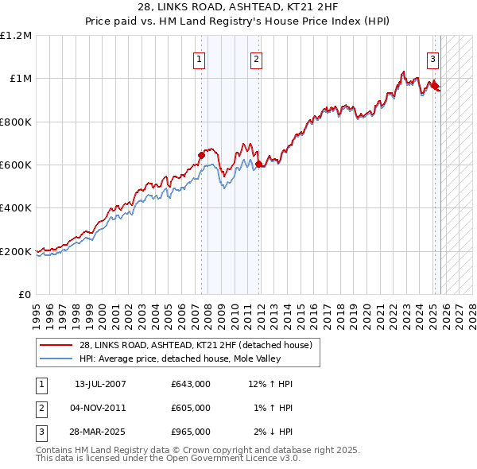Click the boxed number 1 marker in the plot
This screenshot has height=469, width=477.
click(198, 58)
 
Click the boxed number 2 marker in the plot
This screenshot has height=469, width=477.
click(256, 58)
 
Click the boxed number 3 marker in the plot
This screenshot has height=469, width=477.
click(432, 58)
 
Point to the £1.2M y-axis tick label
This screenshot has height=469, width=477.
click(16, 36)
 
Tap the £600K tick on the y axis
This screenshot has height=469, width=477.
click(16, 165)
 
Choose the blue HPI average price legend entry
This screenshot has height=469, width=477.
click(187, 359)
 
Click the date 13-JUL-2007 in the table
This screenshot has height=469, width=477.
click(100, 384)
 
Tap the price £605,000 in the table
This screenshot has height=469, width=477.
click(190, 408)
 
